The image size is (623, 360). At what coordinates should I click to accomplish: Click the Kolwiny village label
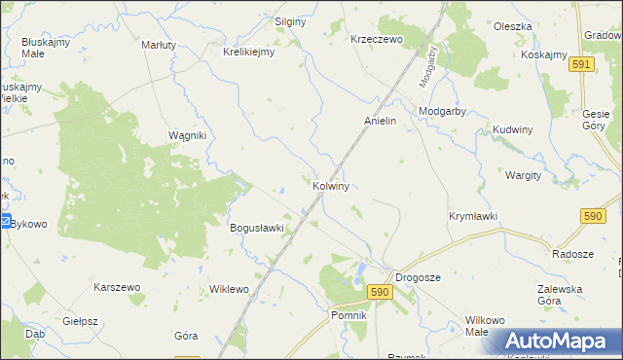tap(331, 184)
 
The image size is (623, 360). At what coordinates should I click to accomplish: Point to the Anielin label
tap(380, 121)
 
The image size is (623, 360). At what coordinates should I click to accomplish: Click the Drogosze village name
tap(418, 277)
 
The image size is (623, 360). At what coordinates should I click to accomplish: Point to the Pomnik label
tap(348, 316)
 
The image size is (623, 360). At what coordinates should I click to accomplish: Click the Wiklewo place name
tap(230, 289)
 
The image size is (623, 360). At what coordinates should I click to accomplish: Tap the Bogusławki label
tap(256, 228)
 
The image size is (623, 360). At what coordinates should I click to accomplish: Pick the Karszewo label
tap(118, 287)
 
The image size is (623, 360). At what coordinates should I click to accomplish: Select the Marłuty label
tap(159, 45)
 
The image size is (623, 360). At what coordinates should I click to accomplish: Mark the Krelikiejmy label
tap(249, 53)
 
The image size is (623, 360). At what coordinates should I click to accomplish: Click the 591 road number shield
tap(582, 63)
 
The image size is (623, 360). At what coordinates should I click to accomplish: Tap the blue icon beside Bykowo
tap(5, 222)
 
